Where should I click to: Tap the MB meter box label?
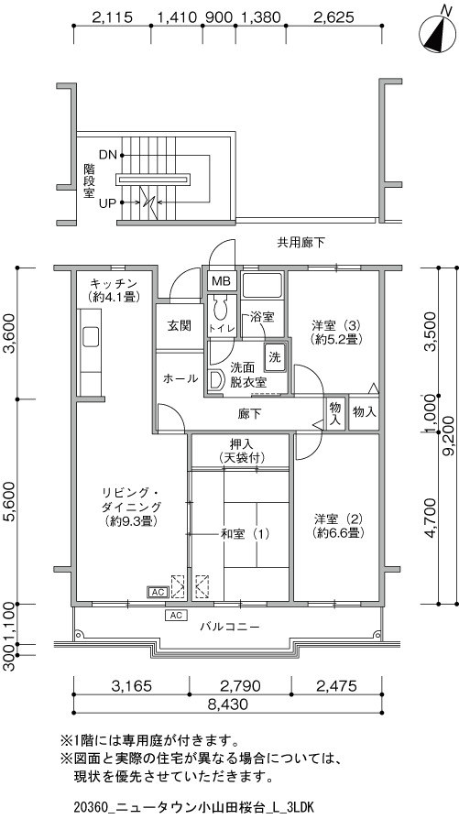pos(219,281)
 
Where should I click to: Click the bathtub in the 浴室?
pos(263,286)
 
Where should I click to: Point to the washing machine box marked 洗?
pos(275,356)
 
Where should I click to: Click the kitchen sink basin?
pos(90,336)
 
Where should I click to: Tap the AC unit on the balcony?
pos(176,615)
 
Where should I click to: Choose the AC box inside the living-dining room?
pos(158,592)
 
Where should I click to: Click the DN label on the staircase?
pos(108,155)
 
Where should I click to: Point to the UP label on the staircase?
pos(108,202)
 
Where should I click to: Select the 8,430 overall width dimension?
pos(228,704)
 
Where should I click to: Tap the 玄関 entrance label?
pos(180,325)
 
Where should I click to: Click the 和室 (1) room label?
pos(245,534)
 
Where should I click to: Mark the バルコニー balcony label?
pos(230,628)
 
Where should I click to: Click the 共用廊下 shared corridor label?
pos(301,243)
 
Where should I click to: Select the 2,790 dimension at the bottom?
pos(240,686)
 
